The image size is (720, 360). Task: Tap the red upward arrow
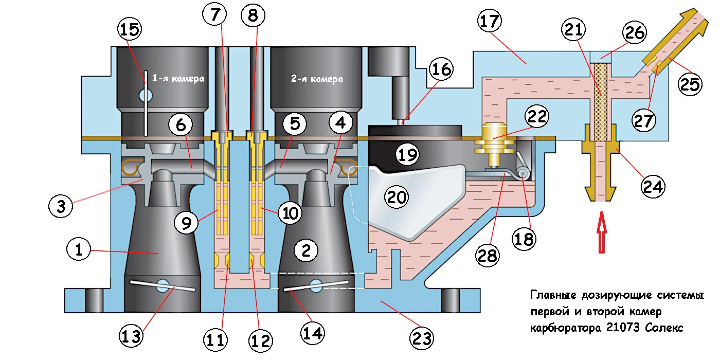[600, 236]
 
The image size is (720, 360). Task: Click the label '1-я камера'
[178, 79]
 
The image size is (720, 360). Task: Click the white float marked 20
[406, 201]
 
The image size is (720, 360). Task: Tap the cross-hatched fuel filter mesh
[600, 101]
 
